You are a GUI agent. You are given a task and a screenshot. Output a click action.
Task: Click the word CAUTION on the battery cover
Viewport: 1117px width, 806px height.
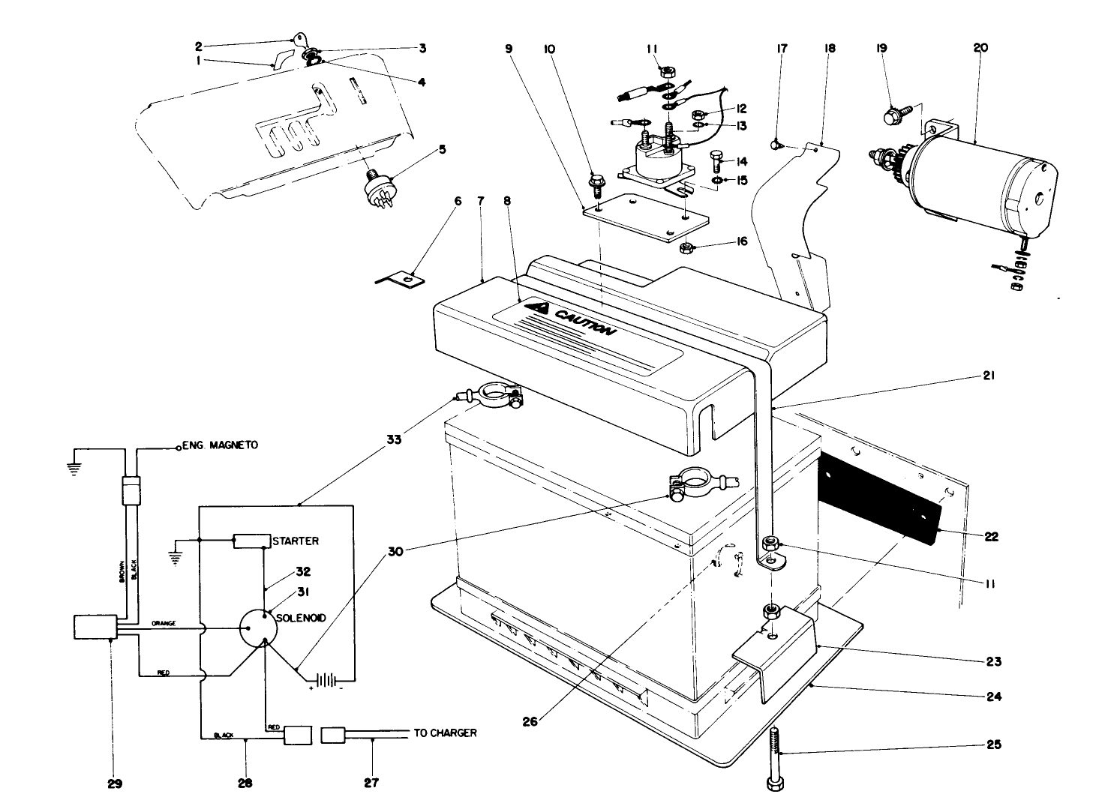tap(584, 322)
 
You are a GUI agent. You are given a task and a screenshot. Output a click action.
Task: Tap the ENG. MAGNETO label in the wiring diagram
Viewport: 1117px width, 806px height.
tap(221, 445)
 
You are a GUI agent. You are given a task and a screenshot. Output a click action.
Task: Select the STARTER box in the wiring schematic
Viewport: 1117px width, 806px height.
tap(251, 541)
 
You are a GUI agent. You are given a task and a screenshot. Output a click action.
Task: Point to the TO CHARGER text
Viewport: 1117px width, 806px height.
tap(445, 733)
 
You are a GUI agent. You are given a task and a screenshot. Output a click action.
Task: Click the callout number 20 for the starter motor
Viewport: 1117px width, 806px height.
tap(980, 47)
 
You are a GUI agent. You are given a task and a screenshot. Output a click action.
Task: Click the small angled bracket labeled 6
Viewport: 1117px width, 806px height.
tap(401, 280)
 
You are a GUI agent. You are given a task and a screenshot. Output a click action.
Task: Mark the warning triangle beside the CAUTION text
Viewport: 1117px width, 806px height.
tap(537, 307)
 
